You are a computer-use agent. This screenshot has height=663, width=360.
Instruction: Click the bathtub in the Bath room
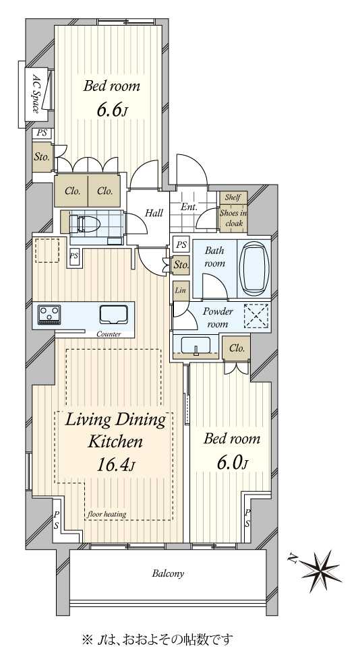pos(253,269)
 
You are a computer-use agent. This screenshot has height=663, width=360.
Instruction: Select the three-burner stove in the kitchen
pos(49,315)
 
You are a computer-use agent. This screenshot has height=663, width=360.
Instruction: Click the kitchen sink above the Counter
pos(113,315)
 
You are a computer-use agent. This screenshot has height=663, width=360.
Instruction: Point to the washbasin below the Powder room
pos(196,345)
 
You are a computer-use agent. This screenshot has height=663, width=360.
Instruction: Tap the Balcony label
pos(168,574)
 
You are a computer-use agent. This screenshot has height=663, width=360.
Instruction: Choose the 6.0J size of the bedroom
pos(232,463)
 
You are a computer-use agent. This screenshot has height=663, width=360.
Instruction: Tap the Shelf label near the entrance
pos(233,197)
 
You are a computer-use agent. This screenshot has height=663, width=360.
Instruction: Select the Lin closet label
pos(180,291)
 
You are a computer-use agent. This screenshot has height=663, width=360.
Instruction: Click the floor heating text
pos(107,514)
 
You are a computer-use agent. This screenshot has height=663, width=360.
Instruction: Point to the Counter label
pos(109,334)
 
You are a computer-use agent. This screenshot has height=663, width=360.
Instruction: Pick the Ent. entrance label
pos(189,208)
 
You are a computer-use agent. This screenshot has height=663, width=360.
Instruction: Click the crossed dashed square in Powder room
pos(256,316)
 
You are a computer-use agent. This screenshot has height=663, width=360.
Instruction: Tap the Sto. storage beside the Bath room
pos(181,265)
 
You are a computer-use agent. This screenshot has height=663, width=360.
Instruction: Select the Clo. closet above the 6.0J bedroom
pos(237,348)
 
